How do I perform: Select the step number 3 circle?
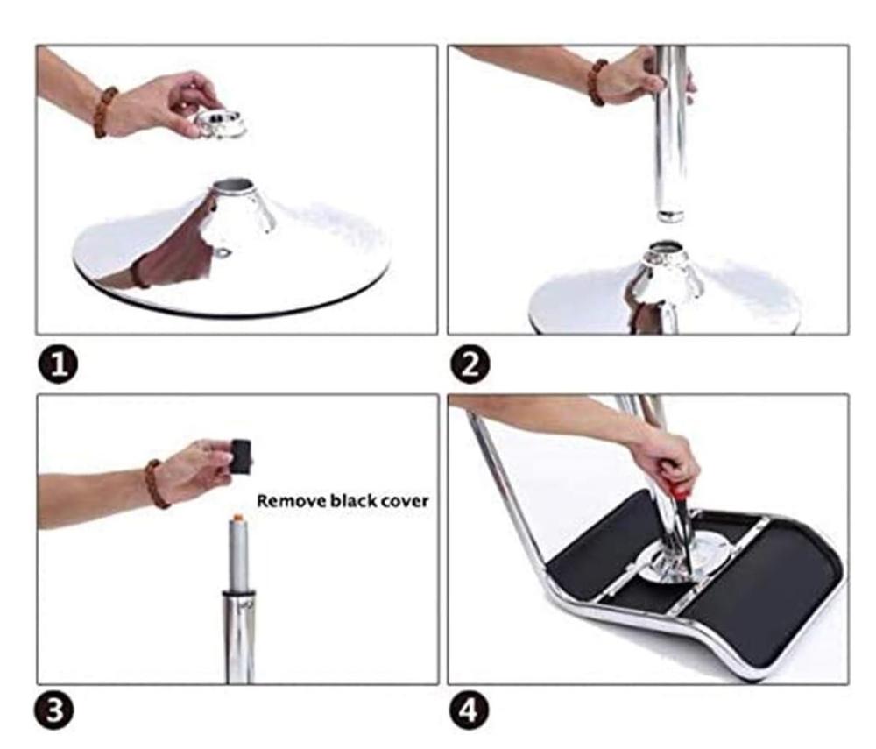(x=54, y=711)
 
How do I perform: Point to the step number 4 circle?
(x=470, y=711)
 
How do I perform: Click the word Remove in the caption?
(x=291, y=501)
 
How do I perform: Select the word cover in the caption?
(x=405, y=502)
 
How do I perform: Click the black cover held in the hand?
(x=242, y=456)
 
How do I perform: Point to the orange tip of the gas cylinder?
(x=238, y=518)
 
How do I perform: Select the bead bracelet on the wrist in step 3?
(x=156, y=484)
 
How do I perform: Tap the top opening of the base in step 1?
(x=235, y=184)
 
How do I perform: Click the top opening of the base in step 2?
(x=666, y=246)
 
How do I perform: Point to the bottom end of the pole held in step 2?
(x=670, y=215)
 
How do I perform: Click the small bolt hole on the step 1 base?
(x=223, y=253)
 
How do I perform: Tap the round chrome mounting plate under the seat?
(x=681, y=555)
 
